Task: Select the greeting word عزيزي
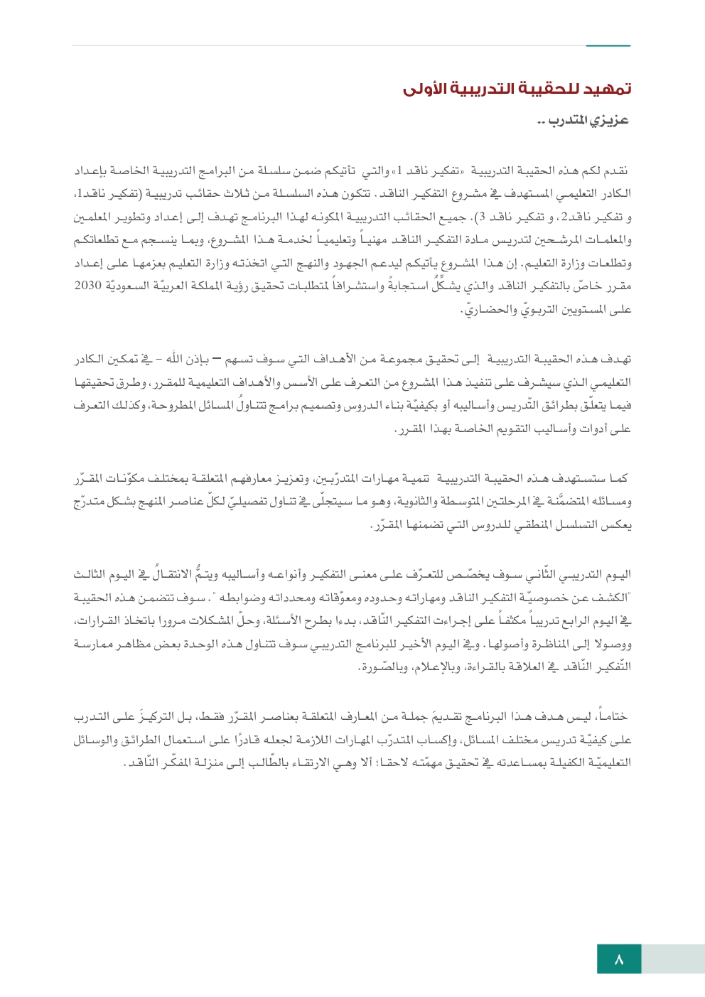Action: click(609, 121)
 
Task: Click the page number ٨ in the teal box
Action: click(619, 959)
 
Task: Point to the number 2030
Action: click(88, 286)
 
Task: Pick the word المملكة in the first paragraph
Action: click(215, 286)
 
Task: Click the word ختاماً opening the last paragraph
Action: click(612, 717)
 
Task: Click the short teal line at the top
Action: click(608, 46)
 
